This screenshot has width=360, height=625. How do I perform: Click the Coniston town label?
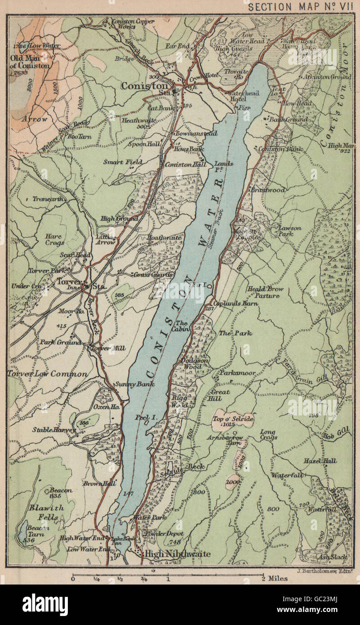point(144,85)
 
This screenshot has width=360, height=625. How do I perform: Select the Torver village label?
point(67,283)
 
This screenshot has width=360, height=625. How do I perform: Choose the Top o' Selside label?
point(233,419)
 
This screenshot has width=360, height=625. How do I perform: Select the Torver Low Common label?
point(48,374)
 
